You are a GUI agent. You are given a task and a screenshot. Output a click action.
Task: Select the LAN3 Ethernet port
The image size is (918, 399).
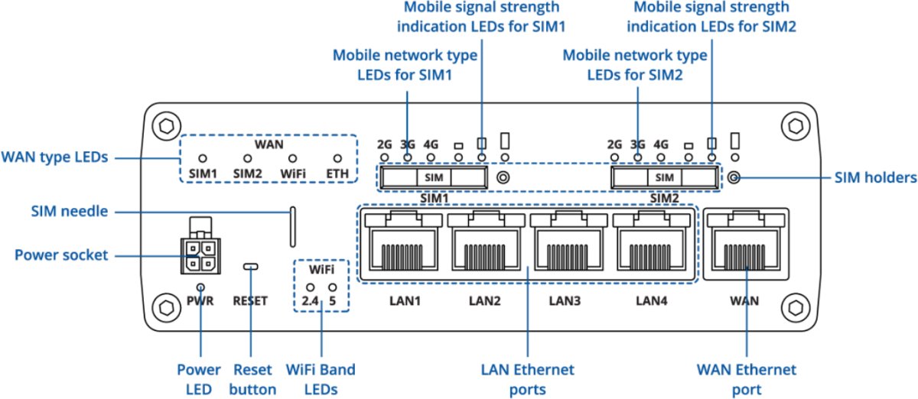click(567, 245)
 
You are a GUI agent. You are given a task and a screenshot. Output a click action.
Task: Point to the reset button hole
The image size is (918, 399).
click(250, 267)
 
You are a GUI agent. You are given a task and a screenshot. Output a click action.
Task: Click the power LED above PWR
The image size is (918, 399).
click(200, 287)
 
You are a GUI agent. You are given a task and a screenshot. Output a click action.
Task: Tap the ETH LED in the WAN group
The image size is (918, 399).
click(337, 158)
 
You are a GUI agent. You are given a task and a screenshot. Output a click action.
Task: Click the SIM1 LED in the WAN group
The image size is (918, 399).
click(203, 158)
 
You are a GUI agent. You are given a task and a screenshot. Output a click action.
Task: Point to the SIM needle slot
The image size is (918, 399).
click(292, 226)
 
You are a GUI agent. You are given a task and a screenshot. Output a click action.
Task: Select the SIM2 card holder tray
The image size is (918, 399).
click(665, 177)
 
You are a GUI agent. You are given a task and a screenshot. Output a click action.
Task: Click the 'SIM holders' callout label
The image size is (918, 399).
click(873, 178)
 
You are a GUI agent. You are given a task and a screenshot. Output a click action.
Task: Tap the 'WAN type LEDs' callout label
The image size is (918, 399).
click(54, 157)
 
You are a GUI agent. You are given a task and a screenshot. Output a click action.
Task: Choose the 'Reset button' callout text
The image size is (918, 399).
click(252, 379)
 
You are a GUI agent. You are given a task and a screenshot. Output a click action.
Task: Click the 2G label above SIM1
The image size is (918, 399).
click(385, 143)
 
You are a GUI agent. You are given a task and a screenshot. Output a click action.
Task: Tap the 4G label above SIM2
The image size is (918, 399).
click(661, 143)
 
